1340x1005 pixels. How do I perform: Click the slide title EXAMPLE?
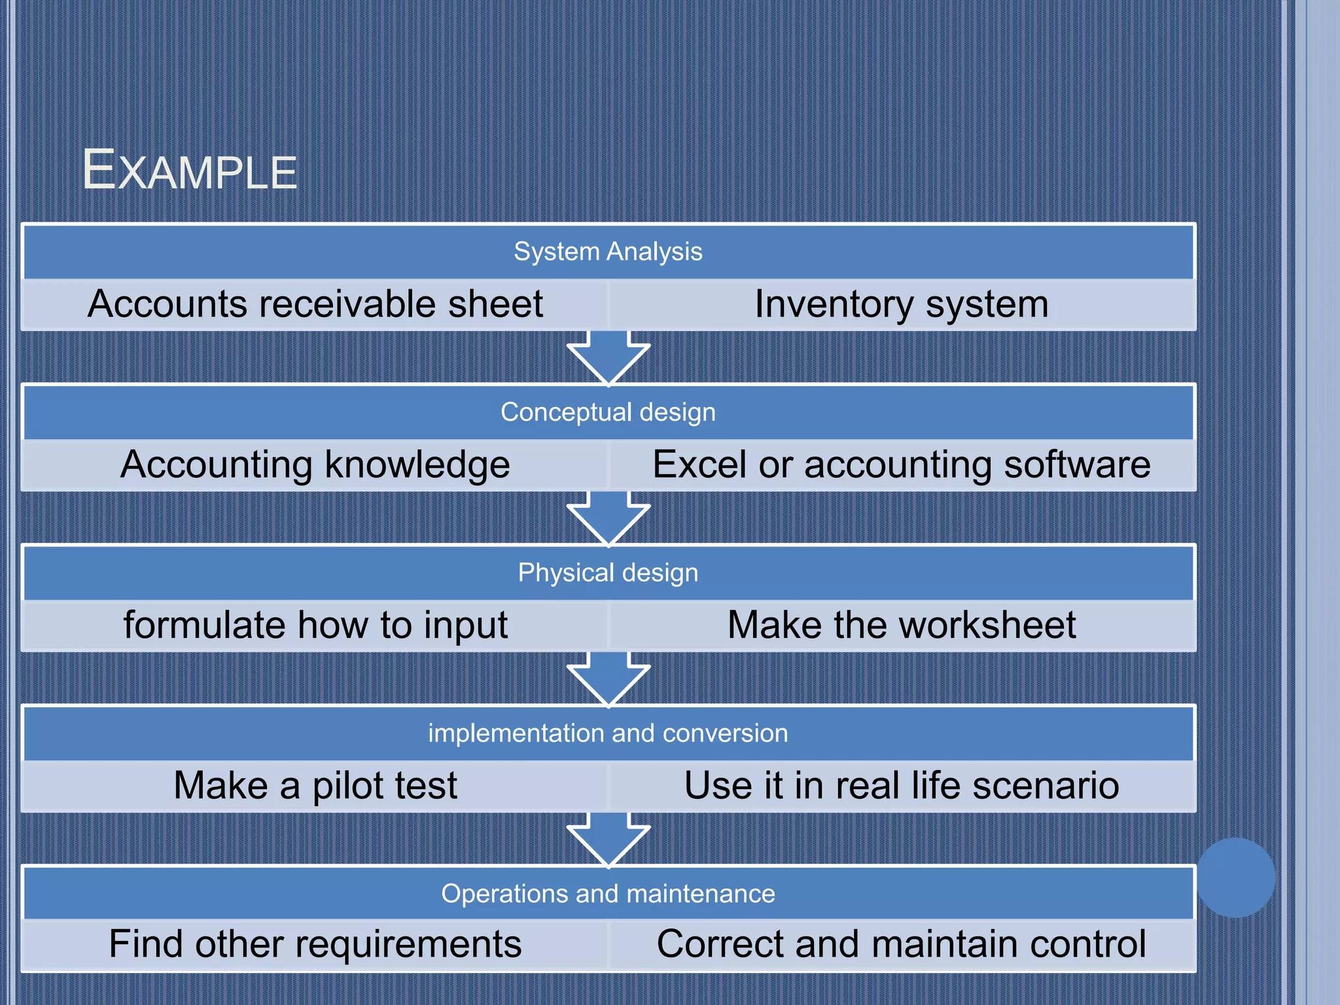(x=190, y=171)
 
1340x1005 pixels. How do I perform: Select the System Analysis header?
(x=608, y=252)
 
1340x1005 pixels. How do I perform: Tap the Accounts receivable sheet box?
(x=315, y=304)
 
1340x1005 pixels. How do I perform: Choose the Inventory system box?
(x=902, y=304)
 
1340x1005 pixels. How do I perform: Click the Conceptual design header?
(x=608, y=412)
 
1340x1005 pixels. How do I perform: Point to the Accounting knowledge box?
(x=315, y=465)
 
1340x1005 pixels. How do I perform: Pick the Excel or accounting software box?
(x=902, y=465)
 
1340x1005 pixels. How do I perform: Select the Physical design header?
(x=608, y=573)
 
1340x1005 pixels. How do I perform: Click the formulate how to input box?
(x=315, y=625)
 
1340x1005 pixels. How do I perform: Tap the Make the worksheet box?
(x=902, y=625)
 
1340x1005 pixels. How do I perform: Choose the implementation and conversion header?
(x=608, y=733)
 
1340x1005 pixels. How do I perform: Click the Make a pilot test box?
(x=315, y=785)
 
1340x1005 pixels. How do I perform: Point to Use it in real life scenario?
(x=902, y=785)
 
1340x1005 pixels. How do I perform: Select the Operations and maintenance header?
(x=608, y=893)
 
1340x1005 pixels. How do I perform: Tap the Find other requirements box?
(x=315, y=944)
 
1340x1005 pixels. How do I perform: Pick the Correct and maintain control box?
(x=902, y=944)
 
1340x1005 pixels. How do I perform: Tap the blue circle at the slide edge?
(x=1235, y=877)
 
